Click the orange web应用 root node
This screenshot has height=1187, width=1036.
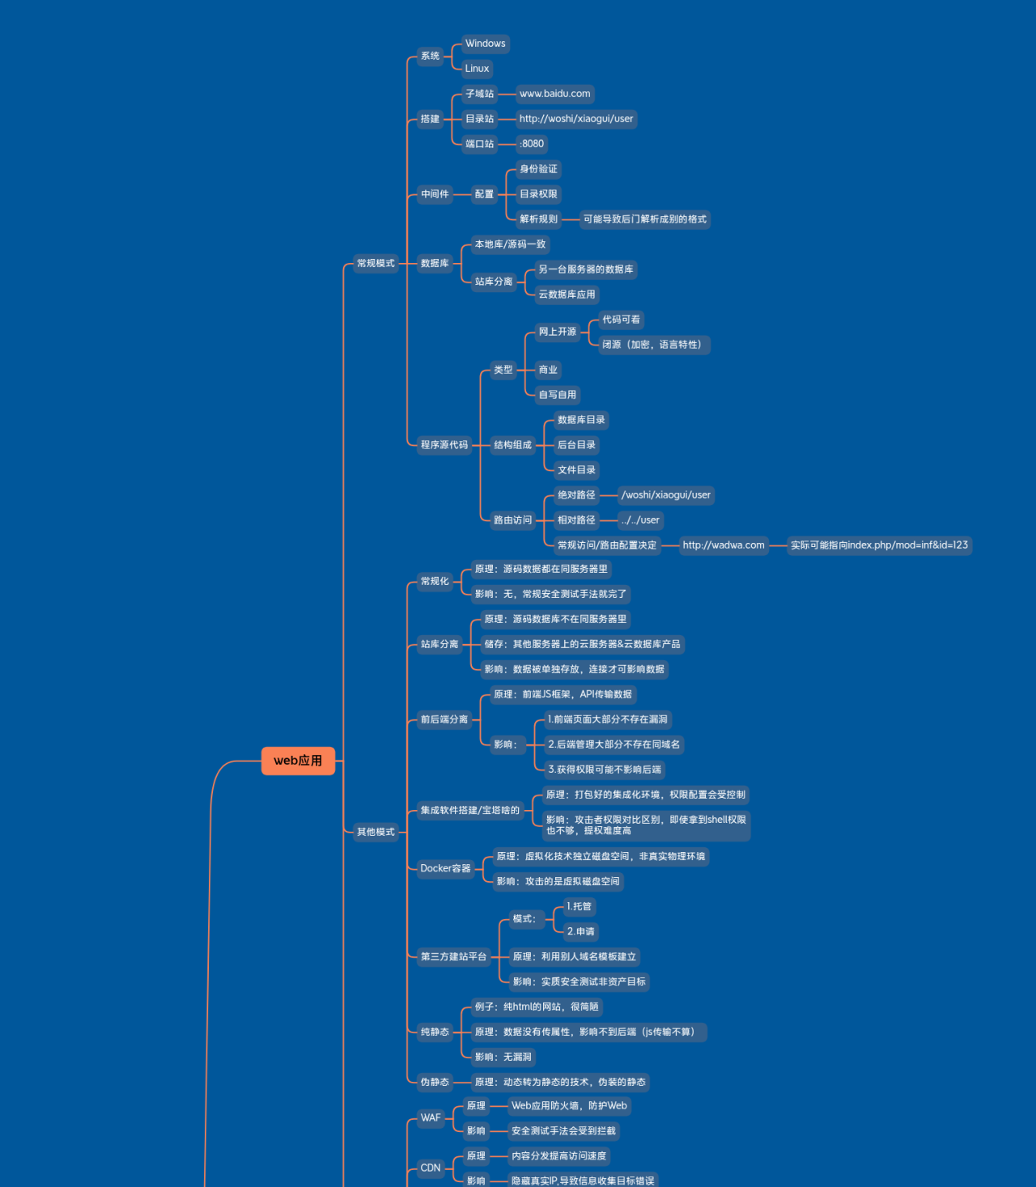tap(299, 761)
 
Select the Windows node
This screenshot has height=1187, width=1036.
tap(485, 44)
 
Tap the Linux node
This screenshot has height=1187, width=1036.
tap(477, 69)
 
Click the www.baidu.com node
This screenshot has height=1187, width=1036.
tap(555, 93)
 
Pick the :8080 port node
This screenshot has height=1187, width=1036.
tap(532, 144)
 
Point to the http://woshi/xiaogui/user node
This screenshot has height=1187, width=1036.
tap(576, 119)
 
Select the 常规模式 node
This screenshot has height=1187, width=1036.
tap(376, 264)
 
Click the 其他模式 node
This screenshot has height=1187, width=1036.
tap(376, 832)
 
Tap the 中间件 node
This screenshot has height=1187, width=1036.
tap(435, 194)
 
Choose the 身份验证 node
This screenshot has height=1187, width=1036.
tap(538, 169)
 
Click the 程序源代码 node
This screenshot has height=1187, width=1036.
tap(444, 445)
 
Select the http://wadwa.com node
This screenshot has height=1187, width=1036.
tap(724, 545)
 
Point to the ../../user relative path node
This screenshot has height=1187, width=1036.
tap(640, 520)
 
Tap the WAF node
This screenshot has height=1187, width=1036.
tap(431, 1118)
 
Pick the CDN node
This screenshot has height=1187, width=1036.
tap(431, 1168)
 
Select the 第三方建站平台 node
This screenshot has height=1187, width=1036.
tap(454, 956)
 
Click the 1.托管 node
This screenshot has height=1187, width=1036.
tap(580, 906)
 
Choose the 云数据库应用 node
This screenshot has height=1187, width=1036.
tap(567, 295)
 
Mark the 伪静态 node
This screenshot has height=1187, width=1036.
tap(435, 1082)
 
